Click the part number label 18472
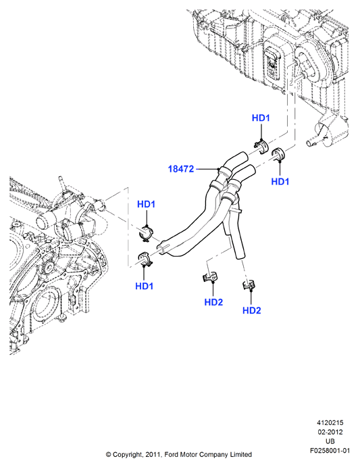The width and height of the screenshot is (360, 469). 181,169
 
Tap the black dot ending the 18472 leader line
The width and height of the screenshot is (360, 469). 219,170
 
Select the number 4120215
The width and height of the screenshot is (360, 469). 330,423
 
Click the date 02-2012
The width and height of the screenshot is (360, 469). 330,432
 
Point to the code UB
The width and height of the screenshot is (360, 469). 330,441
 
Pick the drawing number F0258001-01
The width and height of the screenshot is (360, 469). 330,451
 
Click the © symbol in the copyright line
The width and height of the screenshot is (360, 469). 108,455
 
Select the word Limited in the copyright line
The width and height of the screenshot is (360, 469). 240,455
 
